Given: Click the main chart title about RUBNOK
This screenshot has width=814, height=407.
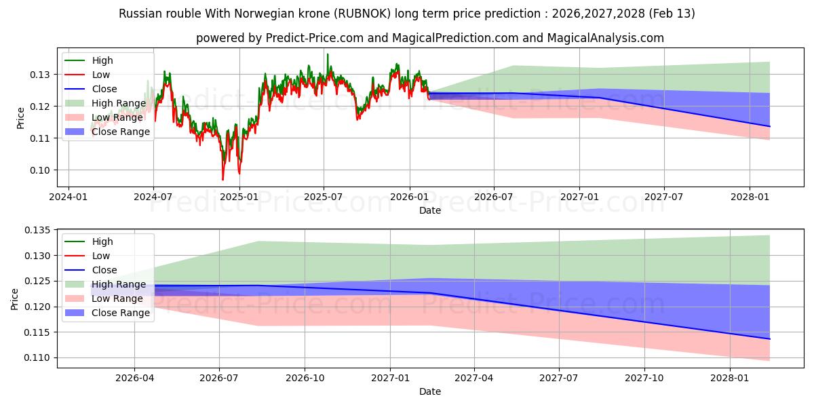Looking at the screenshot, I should [407, 14].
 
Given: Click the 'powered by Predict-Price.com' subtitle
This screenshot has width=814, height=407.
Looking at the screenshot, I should [430, 38].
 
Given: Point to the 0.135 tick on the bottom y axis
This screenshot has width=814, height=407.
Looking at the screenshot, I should [37, 230].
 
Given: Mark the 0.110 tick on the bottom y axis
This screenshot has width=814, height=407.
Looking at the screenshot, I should [37, 357].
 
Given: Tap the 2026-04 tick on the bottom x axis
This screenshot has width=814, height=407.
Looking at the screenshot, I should [134, 378].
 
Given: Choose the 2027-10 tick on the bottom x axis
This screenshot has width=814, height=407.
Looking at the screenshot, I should [644, 378].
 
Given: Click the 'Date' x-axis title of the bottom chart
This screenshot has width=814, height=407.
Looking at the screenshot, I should [430, 391].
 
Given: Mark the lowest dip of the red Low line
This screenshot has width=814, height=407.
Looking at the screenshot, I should [222, 180].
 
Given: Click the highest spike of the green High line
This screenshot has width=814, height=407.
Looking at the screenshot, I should [328, 54].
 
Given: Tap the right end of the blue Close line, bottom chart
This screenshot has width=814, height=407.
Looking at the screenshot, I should [770, 338].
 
